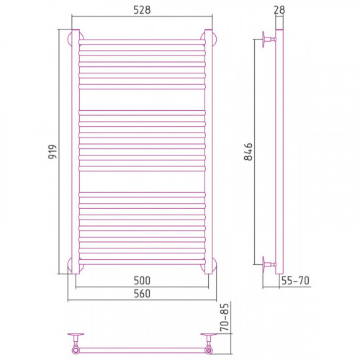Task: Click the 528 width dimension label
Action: click(x=142, y=10)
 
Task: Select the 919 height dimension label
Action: click(x=53, y=152)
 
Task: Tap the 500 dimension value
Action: click(x=142, y=280)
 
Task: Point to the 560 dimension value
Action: click(x=142, y=294)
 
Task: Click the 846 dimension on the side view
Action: click(x=248, y=152)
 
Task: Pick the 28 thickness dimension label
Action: click(x=279, y=10)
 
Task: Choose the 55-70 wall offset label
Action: click(x=295, y=280)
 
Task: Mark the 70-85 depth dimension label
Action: click(x=225, y=318)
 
